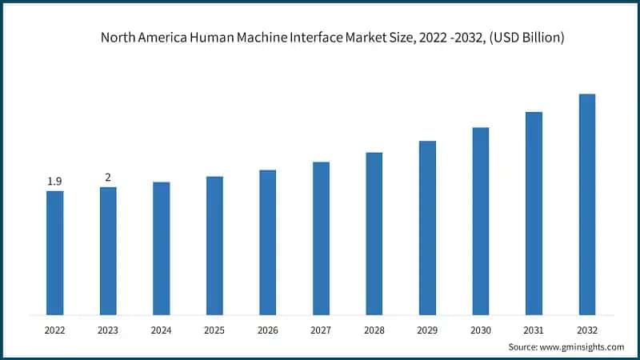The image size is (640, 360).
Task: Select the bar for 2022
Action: tap(54, 253)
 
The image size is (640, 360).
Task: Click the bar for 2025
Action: tap(214, 246)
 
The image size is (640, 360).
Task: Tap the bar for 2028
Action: tap(374, 234)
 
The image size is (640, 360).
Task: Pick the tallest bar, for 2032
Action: tap(587, 204)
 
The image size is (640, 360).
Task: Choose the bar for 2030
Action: tap(481, 221)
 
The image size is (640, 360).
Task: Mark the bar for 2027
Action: tap(321, 238)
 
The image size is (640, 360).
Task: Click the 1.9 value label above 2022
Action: tap(54, 182)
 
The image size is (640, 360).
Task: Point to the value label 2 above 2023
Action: tap(108, 178)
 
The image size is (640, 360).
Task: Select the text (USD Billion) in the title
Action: tap(525, 38)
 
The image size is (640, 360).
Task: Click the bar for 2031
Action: tap(534, 213)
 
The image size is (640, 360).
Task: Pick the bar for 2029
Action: tap(427, 228)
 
